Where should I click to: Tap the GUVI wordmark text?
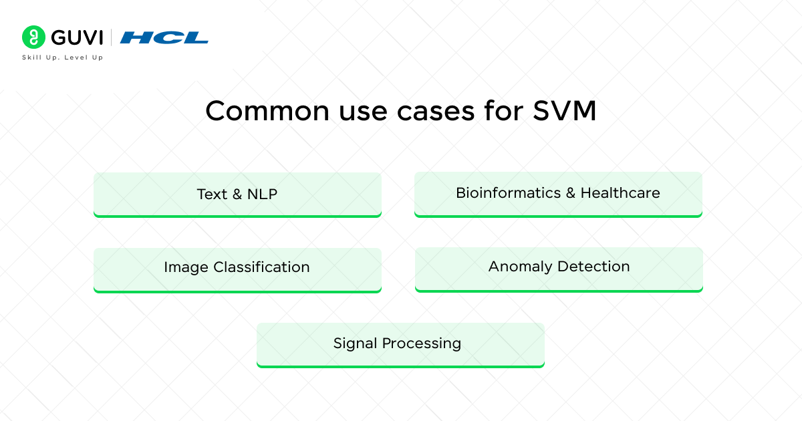coord(74,37)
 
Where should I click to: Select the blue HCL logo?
coord(164,37)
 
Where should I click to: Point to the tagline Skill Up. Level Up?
coord(63,57)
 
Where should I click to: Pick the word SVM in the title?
coord(565,111)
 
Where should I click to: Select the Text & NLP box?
coord(237,194)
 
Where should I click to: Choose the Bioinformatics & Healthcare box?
coord(558,194)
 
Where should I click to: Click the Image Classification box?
coord(237,269)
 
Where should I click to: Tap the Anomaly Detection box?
coord(559,269)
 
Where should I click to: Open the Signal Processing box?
coord(400,345)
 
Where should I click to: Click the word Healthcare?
coord(620,193)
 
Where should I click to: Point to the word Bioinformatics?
coord(508,193)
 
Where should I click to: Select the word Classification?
coord(261,267)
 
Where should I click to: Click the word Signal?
coord(355,343)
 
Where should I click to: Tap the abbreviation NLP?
coord(262,194)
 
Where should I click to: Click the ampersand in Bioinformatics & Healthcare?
coord(570,193)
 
